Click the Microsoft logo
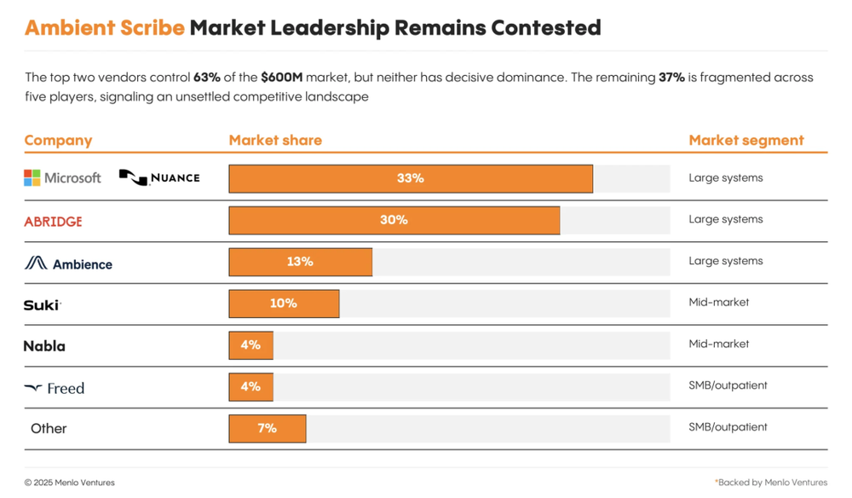pyautogui.click(x=62, y=177)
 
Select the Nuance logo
pyautogui.click(x=159, y=177)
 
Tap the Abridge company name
pyautogui.click(x=53, y=222)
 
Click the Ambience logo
pyautogui.click(x=68, y=263)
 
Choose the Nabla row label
pyautogui.click(x=44, y=346)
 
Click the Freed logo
pyautogui.click(x=55, y=388)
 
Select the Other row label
pyautogui.click(x=49, y=428)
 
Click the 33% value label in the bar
pyautogui.click(x=410, y=178)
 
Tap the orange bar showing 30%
pyautogui.click(x=394, y=220)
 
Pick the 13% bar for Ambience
pyautogui.click(x=300, y=262)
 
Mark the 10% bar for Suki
pyautogui.click(x=284, y=304)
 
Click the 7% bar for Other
pyautogui.click(x=267, y=428)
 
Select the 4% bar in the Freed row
pyautogui.click(x=250, y=386)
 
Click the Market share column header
pyautogui.click(x=275, y=140)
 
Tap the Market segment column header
pyautogui.click(x=745, y=140)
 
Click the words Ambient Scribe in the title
pyautogui.click(x=104, y=27)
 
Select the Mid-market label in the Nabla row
pyautogui.click(x=718, y=344)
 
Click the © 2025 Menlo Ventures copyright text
pyautogui.click(x=69, y=483)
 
